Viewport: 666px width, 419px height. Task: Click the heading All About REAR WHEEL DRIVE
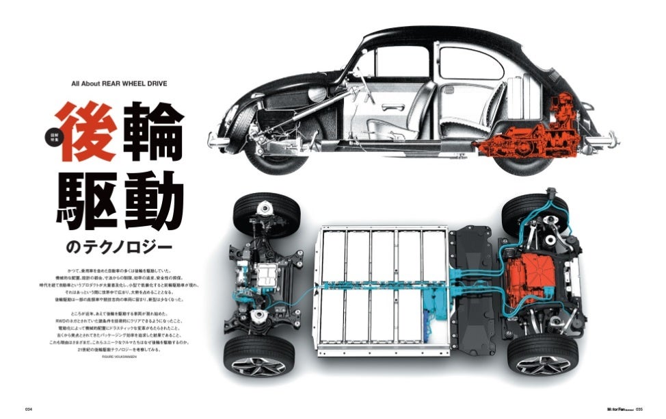click(119, 84)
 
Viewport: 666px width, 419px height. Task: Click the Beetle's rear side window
click(471, 63)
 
